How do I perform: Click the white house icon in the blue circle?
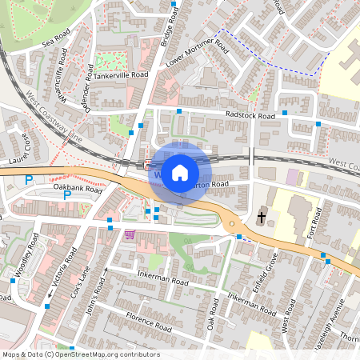[x=180, y=172]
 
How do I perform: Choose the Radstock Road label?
[x=250, y=116]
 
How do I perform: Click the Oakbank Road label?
[x=78, y=190]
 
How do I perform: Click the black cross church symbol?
[x=262, y=217]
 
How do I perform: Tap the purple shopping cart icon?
[x=130, y=234]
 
